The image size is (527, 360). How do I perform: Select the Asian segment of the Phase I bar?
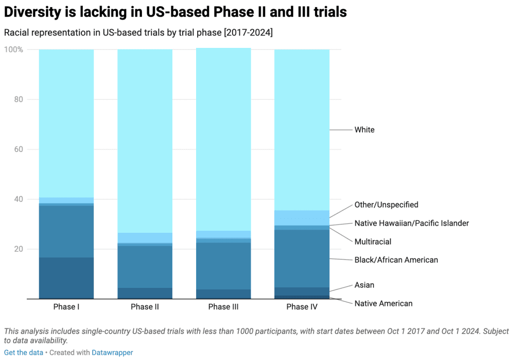(66, 278)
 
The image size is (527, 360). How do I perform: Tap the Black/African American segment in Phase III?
(223, 266)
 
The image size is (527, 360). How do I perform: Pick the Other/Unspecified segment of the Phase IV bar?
(302, 218)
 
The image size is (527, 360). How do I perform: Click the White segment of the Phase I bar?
(66, 123)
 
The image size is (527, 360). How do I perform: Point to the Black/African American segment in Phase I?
(66, 231)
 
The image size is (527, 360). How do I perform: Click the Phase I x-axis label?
(66, 307)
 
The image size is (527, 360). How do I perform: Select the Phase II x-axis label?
(145, 307)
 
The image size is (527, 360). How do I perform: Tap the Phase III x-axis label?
(223, 307)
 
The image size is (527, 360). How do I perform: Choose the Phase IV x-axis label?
(302, 307)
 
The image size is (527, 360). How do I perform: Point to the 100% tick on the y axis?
(13, 49)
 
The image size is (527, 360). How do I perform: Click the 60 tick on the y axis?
(18, 149)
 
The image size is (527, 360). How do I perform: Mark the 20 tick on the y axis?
(18, 249)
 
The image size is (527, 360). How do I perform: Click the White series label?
(364, 130)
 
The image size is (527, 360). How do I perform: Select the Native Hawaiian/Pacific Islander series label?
(411, 223)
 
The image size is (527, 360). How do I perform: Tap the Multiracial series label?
(373, 242)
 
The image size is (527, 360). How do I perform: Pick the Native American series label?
(383, 303)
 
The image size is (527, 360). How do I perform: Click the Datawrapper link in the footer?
(112, 353)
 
